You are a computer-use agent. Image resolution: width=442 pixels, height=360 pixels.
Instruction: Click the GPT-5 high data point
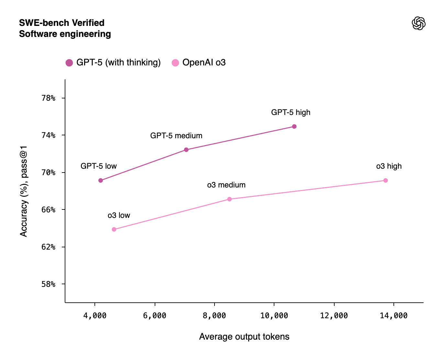tap(294, 126)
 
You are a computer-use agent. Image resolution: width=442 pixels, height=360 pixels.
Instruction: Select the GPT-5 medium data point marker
tap(186, 150)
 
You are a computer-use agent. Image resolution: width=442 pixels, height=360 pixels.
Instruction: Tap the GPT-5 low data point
tap(101, 180)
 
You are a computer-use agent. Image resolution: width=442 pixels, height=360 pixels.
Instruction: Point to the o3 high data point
tap(385, 180)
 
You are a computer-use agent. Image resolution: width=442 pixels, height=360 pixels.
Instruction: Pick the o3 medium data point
tap(229, 199)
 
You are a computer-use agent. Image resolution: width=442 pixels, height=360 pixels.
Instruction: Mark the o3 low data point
tap(114, 229)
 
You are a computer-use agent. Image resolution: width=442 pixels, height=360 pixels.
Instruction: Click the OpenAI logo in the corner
tap(418, 23)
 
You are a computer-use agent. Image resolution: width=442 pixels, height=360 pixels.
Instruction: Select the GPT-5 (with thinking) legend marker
tap(69, 63)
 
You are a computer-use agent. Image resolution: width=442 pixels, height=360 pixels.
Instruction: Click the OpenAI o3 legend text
tap(204, 62)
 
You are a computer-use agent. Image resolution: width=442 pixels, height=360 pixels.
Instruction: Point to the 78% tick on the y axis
tap(49, 98)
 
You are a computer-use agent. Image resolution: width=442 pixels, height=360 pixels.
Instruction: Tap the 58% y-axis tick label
tap(49, 284)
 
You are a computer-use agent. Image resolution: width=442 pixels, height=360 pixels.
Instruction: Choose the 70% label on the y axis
tap(49, 173)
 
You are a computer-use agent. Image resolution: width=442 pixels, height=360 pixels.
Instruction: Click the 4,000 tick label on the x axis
tap(95, 316)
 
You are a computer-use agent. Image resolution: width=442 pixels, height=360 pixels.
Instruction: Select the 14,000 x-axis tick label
tap(393, 316)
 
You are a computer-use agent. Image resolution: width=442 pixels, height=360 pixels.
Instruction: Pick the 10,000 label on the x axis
tap(274, 316)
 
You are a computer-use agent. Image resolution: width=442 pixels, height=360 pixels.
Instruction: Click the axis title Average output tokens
tap(244, 337)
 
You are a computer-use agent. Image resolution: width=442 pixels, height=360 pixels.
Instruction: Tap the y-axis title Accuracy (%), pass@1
tap(24, 191)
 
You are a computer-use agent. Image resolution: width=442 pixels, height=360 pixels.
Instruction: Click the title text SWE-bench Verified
tap(61, 23)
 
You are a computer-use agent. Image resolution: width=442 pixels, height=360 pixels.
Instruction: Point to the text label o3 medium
tap(226, 185)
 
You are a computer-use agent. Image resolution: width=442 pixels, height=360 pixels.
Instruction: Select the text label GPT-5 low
tap(98, 166)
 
